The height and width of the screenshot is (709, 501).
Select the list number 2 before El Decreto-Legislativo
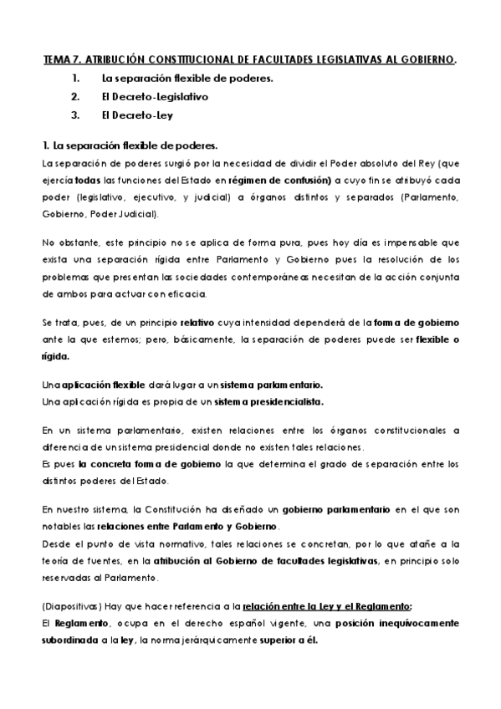tap(75, 96)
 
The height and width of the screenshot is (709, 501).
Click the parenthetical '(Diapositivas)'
tap(70, 607)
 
